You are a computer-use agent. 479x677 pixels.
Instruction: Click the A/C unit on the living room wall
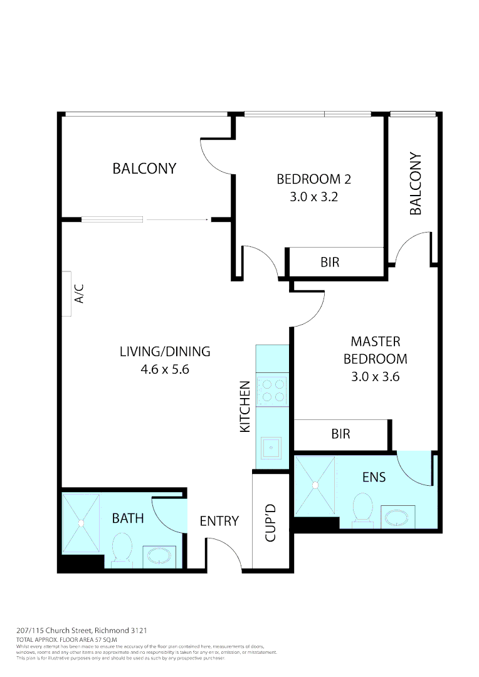coord(67,294)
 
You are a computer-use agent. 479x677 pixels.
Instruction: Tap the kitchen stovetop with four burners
coord(272,390)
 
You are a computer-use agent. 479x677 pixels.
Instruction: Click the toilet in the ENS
coord(362,508)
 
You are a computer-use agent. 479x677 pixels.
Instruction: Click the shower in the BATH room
coord(81,523)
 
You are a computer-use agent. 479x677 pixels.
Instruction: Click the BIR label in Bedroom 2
coord(330,262)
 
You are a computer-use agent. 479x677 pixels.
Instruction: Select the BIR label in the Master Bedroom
coord(340,434)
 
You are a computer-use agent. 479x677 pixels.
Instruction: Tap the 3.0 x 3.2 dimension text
coord(313,197)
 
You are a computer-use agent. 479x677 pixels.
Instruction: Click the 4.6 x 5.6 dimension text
coord(165,369)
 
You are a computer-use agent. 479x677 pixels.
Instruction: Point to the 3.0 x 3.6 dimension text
coord(375,377)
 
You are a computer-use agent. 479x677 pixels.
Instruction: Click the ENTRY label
coord(219,521)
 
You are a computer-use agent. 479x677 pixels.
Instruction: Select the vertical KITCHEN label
coord(245,406)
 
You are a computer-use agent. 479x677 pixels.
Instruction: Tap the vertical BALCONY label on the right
coord(416,184)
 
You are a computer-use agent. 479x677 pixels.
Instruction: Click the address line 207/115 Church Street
coord(82,630)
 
